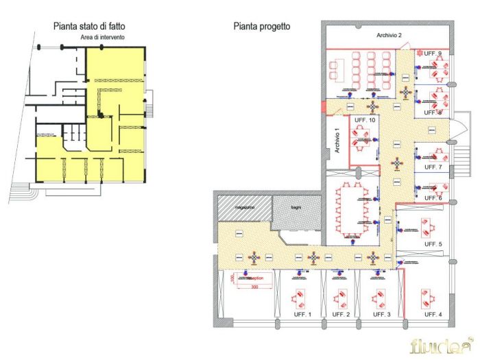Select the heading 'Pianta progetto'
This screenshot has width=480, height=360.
(x=261, y=26)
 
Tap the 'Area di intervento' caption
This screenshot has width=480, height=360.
(x=102, y=37)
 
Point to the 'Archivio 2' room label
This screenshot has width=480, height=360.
(x=389, y=34)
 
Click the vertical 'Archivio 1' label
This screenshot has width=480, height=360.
(x=337, y=140)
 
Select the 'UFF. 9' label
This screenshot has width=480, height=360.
(x=433, y=53)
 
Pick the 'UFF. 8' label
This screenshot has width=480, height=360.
(x=433, y=112)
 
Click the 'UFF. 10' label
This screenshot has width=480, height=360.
(x=365, y=121)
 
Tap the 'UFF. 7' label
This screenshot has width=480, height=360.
(x=433, y=167)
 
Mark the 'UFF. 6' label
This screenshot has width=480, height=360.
(x=433, y=198)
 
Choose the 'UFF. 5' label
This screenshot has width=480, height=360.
(x=433, y=244)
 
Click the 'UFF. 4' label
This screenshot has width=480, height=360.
(x=433, y=314)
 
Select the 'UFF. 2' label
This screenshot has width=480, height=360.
(x=341, y=314)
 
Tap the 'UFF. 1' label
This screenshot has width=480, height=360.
(x=301, y=314)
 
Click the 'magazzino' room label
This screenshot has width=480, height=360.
(x=243, y=206)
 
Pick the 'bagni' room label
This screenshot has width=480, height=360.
(x=296, y=206)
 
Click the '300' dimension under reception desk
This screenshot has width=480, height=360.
(x=254, y=287)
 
